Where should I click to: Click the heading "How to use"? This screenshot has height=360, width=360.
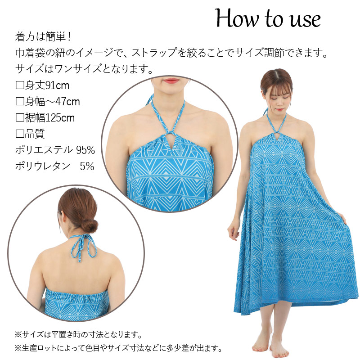268,19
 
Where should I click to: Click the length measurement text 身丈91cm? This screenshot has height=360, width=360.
47,85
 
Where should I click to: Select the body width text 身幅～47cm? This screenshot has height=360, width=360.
52,102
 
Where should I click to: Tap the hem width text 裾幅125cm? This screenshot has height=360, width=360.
50,118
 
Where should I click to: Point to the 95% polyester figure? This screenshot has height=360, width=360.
85,150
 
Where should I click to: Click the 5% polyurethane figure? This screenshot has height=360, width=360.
87,166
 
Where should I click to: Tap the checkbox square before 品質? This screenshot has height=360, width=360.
20,134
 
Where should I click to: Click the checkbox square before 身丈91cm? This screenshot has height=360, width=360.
20,85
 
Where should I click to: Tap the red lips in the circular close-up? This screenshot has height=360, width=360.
172,81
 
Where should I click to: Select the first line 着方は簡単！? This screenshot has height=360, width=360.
43,37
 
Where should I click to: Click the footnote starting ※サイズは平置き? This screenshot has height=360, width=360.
78,334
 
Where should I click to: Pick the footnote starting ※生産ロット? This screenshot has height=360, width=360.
118,348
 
